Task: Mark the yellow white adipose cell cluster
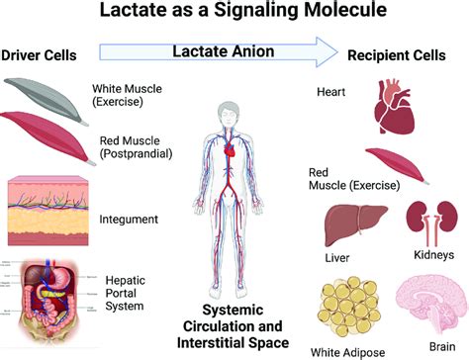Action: (x=352, y=307)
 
